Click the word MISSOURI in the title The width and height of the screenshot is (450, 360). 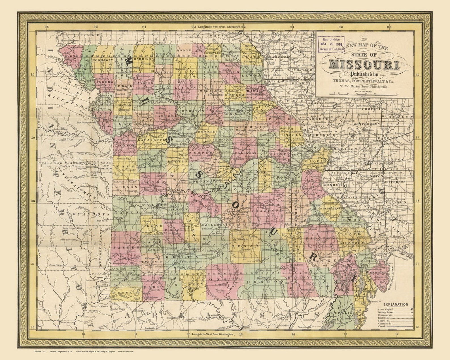tap(364, 65)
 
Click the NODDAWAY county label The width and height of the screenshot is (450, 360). tap(103, 60)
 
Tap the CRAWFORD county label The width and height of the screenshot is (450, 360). tap(267, 211)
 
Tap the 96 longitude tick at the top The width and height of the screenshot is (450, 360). tap(47, 27)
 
